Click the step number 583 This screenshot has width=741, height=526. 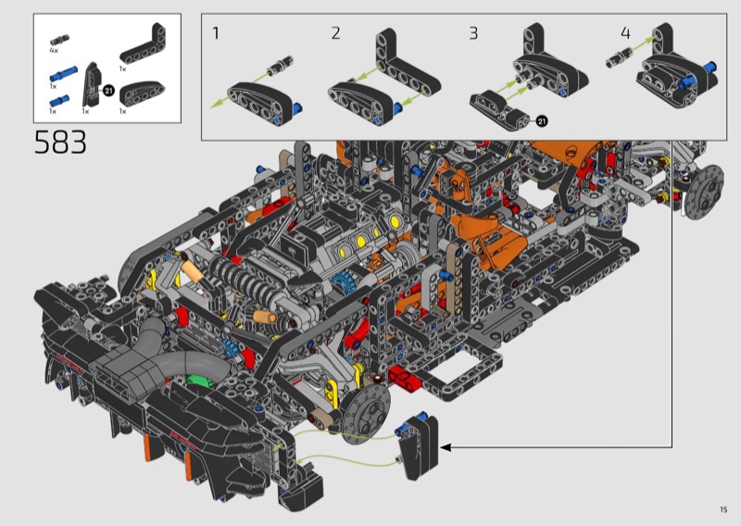tap(60, 142)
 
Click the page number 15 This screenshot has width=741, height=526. tap(723, 509)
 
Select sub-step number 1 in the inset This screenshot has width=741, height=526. tap(216, 33)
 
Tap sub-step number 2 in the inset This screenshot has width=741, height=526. tap(335, 33)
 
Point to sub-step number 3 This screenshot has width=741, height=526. tap(473, 33)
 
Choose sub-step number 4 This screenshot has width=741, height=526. tap(625, 33)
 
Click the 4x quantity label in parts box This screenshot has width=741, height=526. tap(54, 50)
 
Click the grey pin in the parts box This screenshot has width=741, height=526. tap(59, 40)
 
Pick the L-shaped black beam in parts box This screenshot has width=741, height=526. tap(143, 44)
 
